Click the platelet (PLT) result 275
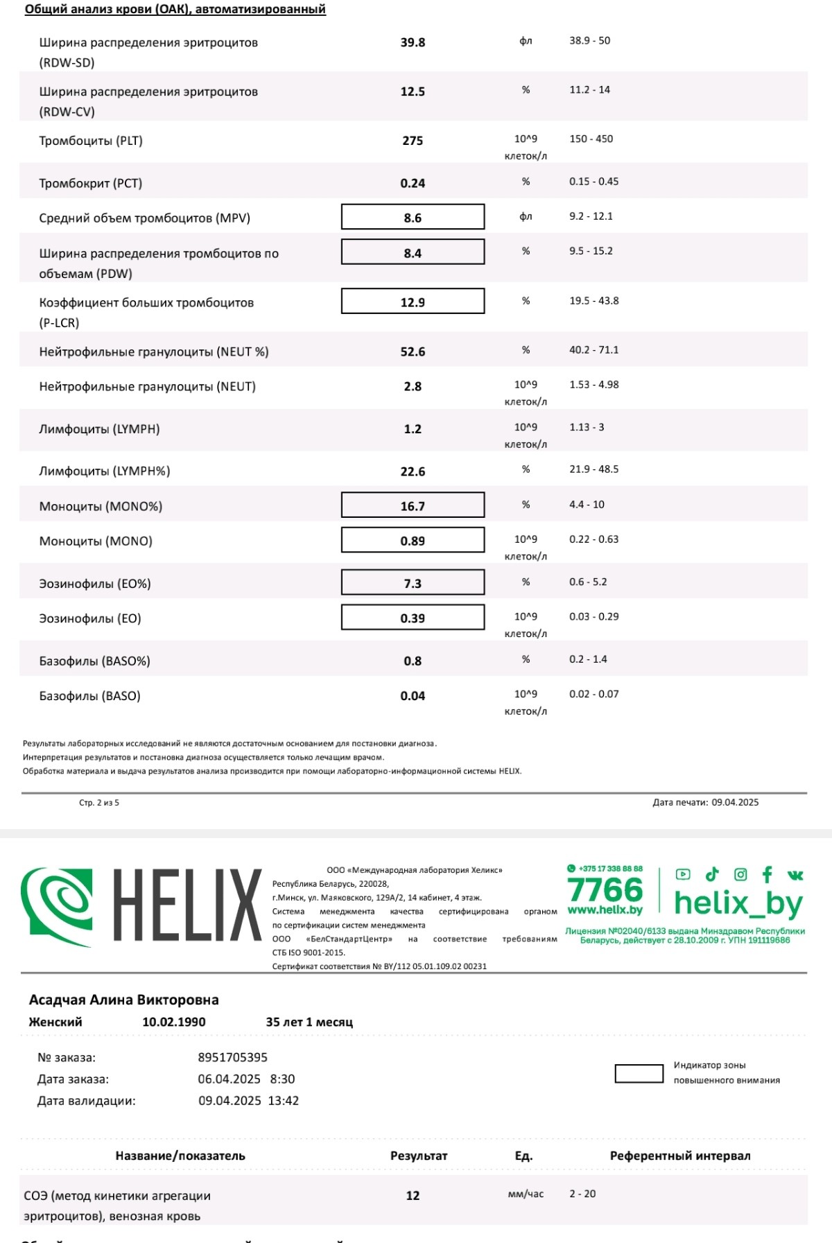[413, 141]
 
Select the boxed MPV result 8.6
[413, 218]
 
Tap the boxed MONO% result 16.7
[413, 506]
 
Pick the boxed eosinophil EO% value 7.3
[413, 583]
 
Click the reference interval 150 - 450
[591, 139]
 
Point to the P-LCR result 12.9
[413, 302]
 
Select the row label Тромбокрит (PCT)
[90, 183]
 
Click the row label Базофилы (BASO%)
[94, 661]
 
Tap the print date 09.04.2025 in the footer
[734, 802]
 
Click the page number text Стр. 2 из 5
[99, 803]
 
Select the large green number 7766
[605, 889]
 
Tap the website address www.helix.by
[605, 910]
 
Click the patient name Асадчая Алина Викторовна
[123, 1000]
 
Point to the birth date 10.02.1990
[173, 1022]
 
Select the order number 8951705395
[232, 1057]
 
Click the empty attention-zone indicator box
[639, 1073]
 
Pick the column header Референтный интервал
[679, 1156]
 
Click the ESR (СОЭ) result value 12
[413, 1195]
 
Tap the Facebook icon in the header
[767, 874]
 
